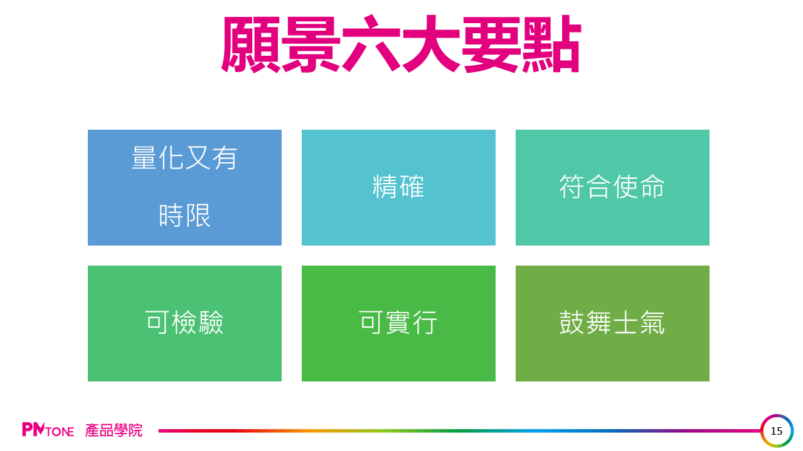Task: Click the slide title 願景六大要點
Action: pyautogui.click(x=401, y=44)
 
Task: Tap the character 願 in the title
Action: pyautogui.click(x=250, y=44)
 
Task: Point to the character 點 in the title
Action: pyautogui.click(x=551, y=44)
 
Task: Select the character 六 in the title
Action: pyautogui.click(x=371, y=44)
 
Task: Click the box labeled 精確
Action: pyautogui.click(x=398, y=187)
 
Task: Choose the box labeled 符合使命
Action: pyautogui.click(x=612, y=187)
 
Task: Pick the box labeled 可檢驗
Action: pyautogui.click(x=184, y=324)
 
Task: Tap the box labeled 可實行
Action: pyautogui.click(x=398, y=324)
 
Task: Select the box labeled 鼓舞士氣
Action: pyautogui.click(x=612, y=324)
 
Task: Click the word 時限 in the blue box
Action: pyautogui.click(x=184, y=216)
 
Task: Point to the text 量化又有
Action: pyautogui.click(x=184, y=158)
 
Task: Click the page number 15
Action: pyautogui.click(x=777, y=431)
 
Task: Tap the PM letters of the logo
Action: pyautogui.click(x=33, y=430)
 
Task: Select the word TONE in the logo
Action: pyautogui.click(x=60, y=432)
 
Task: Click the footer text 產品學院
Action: pyautogui.click(x=114, y=430)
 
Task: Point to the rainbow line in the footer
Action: pyautogui.click(x=460, y=430)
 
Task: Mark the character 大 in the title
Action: pyautogui.click(x=431, y=44)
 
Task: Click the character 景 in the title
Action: pyautogui.click(x=311, y=44)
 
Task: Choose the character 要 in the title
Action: pyautogui.click(x=491, y=44)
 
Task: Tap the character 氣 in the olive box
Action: pyautogui.click(x=652, y=323)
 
